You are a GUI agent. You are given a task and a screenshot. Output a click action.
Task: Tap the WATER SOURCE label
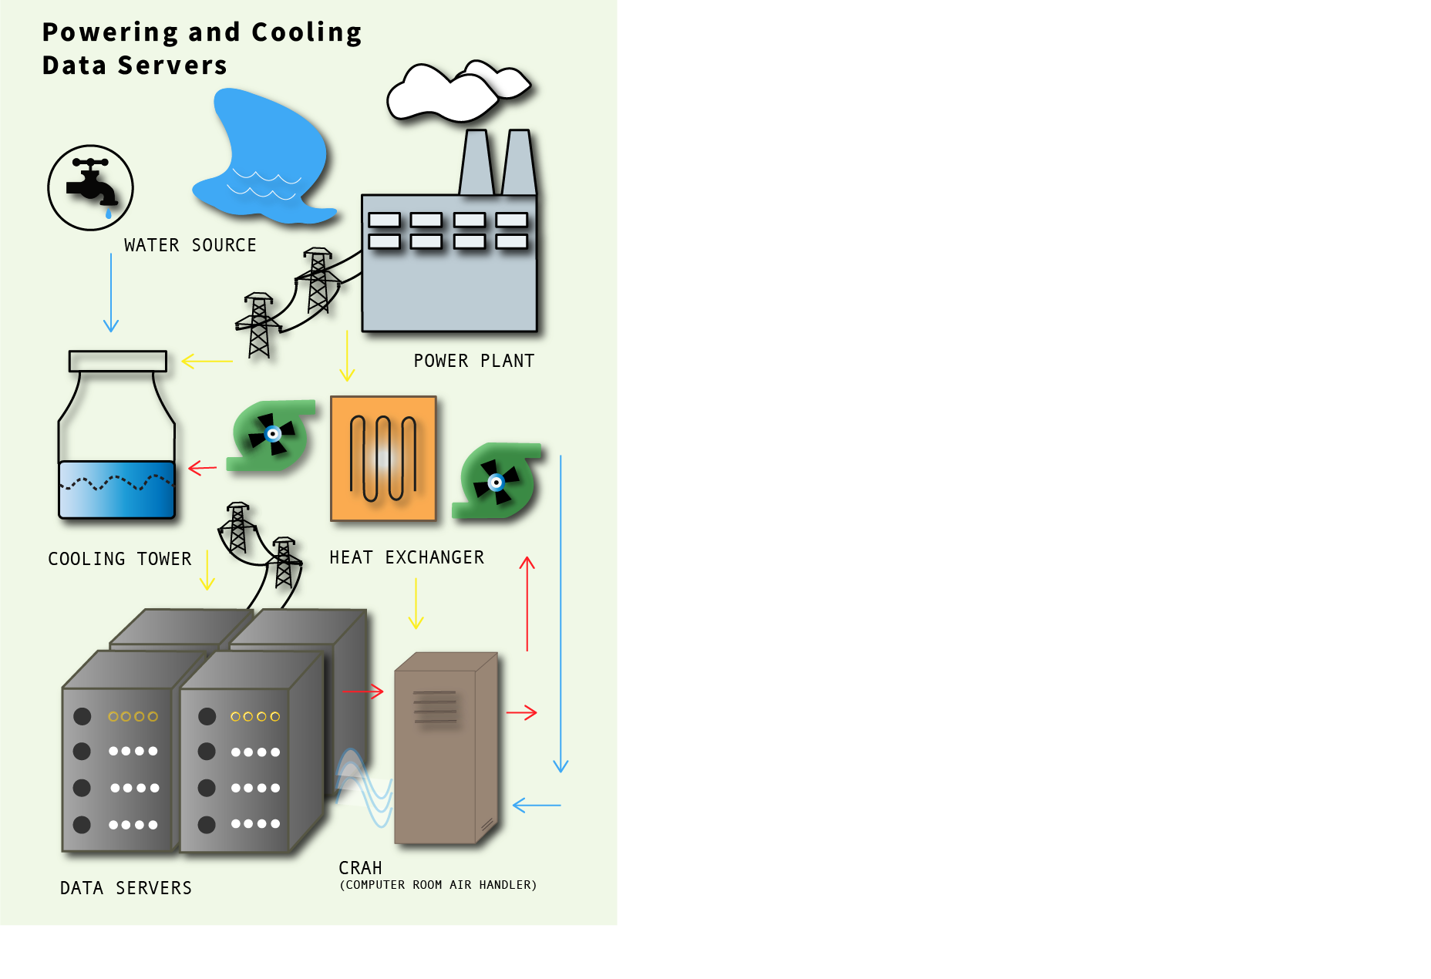(x=190, y=245)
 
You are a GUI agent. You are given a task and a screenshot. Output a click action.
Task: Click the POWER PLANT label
(x=473, y=361)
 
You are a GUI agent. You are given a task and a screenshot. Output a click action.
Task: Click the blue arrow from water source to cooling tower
(x=111, y=293)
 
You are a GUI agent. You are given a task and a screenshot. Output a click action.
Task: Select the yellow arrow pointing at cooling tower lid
(x=207, y=361)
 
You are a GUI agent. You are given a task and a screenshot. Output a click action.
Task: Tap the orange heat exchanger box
(x=383, y=459)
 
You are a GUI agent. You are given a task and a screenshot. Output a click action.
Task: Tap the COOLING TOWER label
(x=120, y=559)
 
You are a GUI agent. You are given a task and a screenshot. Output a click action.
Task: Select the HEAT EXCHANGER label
(x=406, y=557)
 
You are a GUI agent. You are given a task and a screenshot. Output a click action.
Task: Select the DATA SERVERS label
(x=126, y=888)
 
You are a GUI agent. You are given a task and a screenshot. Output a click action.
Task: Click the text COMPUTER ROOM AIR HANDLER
(x=438, y=885)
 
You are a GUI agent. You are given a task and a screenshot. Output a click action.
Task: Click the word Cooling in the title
(x=306, y=32)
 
